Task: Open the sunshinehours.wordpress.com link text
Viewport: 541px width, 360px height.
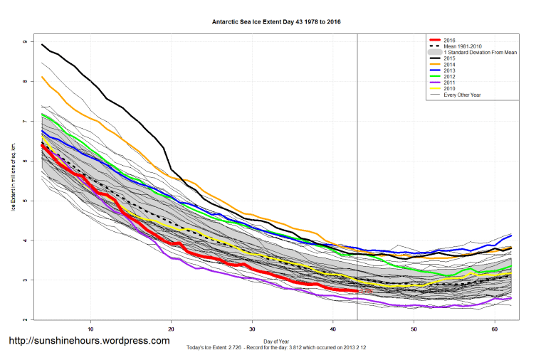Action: tap(89, 341)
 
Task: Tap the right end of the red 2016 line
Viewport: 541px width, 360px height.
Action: tap(357, 291)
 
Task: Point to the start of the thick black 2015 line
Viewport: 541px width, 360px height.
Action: tap(43, 44)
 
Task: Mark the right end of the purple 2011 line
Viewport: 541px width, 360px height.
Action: tap(511, 298)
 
